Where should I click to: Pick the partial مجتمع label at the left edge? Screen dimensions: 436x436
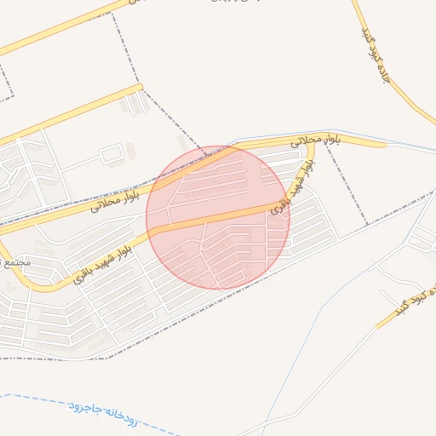(x=17, y=261)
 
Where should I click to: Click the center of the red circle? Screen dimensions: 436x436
(x=218, y=217)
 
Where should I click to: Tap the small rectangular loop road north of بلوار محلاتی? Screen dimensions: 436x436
(x=112, y=155)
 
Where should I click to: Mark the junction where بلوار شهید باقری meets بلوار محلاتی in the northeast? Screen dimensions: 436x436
(x=313, y=144)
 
